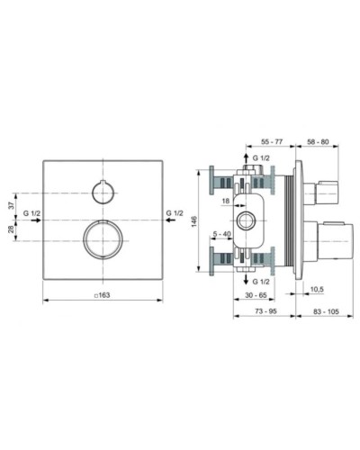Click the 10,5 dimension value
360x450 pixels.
point(316,288)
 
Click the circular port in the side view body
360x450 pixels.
point(245,220)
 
